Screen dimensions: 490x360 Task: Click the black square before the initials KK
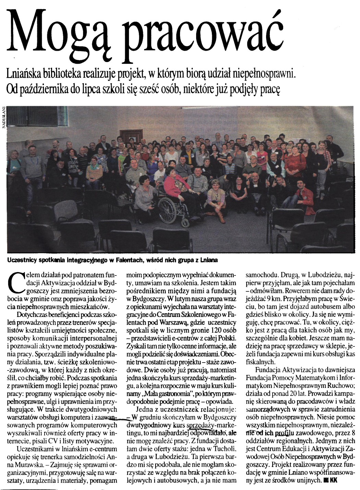coord(325,481)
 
